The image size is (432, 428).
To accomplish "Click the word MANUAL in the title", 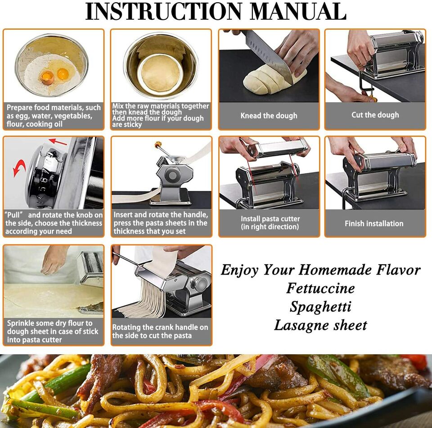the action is (299, 11).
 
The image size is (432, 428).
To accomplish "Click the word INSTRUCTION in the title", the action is (163, 11).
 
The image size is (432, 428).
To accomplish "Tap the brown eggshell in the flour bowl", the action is (47, 78).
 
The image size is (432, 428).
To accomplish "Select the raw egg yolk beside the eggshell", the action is (63, 74).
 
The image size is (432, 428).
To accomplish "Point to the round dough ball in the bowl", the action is (161, 73).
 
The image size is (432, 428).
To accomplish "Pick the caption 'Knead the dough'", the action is (269, 116).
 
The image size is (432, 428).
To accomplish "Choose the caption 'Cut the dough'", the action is (375, 115).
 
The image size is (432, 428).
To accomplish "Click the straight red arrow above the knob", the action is (58, 142).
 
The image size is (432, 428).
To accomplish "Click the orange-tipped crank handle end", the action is (158, 144).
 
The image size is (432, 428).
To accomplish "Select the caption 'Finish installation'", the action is (374, 223).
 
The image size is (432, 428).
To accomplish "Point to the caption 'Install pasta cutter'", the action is (270, 219).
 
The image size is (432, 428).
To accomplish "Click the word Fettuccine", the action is (320, 288).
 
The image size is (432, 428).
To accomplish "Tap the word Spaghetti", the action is (320, 307).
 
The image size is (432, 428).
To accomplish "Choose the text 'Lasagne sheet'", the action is (320, 325).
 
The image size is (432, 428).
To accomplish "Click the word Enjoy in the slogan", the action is (240, 270).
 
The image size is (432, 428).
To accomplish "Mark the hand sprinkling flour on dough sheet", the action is (54, 260).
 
